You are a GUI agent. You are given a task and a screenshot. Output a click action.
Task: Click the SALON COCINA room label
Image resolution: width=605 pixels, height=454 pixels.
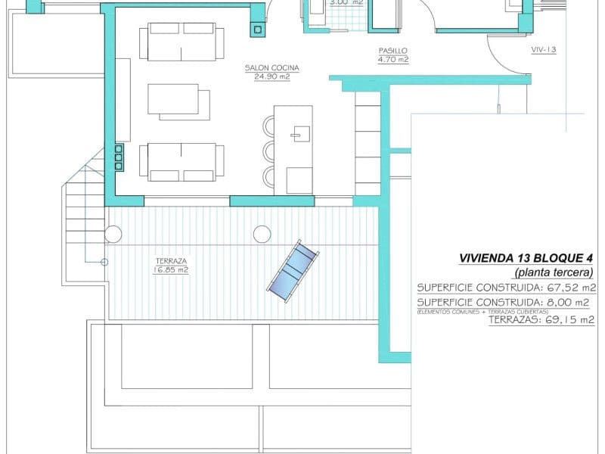pyautogui.click(x=272, y=68)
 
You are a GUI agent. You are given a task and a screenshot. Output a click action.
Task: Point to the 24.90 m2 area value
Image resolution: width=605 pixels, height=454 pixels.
pyautogui.click(x=272, y=76)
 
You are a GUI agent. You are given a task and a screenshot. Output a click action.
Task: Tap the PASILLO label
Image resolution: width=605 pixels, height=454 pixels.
pyautogui.click(x=393, y=51)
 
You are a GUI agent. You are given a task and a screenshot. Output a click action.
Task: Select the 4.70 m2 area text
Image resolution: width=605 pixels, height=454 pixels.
pyautogui.click(x=393, y=59)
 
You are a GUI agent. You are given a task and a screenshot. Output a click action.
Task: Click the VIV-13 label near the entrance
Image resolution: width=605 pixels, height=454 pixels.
pyautogui.click(x=544, y=50)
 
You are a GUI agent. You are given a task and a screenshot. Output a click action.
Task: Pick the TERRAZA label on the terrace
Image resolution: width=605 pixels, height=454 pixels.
pyautogui.click(x=170, y=260)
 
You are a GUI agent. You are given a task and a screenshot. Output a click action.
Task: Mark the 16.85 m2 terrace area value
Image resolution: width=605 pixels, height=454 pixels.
pyautogui.click(x=170, y=269)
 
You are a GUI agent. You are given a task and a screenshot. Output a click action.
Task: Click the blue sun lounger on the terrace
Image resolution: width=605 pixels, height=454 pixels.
pyautogui.click(x=293, y=271)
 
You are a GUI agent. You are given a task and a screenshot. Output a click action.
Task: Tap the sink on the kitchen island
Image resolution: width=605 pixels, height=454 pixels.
pyautogui.click(x=297, y=135)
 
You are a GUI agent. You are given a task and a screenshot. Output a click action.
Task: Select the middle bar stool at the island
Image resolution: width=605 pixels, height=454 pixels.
pyautogui.click(x=271, y=150)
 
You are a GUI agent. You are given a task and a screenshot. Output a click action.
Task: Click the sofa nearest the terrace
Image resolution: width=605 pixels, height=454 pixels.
pyautogui.click(x=181, y=162)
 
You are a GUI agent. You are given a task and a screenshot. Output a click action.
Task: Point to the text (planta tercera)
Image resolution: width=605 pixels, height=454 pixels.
pyautogui.click(x=554, y=272)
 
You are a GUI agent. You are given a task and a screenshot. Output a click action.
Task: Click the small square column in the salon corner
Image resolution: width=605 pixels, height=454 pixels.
pyautogui.click(x=257, y=30)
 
